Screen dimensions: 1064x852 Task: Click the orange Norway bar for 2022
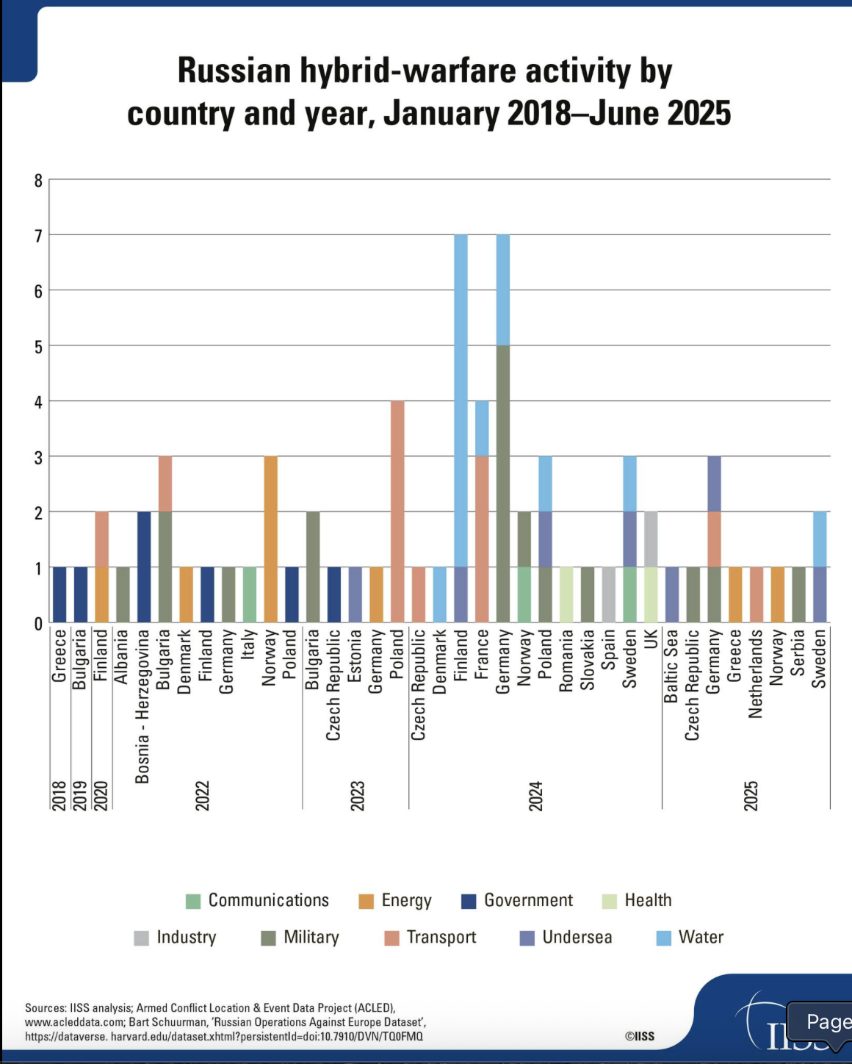(270, 539)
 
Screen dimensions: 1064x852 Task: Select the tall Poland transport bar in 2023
(397, 511)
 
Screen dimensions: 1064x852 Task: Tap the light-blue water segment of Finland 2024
(461, 401)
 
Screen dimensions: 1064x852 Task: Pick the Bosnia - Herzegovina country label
(142, 706)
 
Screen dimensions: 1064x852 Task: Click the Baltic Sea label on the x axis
(671, 666)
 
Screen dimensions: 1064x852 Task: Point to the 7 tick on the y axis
(38, 236)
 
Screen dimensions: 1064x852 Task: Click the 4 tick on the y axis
(38, 402)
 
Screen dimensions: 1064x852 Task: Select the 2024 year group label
(536, 796)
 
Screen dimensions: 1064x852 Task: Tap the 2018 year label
(59, 796)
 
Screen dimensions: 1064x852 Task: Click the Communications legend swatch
(193, 901)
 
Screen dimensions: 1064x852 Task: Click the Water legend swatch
(664, 938)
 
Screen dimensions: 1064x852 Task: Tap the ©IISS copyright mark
(639, 1036)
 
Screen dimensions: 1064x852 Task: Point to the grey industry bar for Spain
(608, 595)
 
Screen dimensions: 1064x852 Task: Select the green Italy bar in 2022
(250, 595)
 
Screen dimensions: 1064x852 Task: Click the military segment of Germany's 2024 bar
(503, 484)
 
